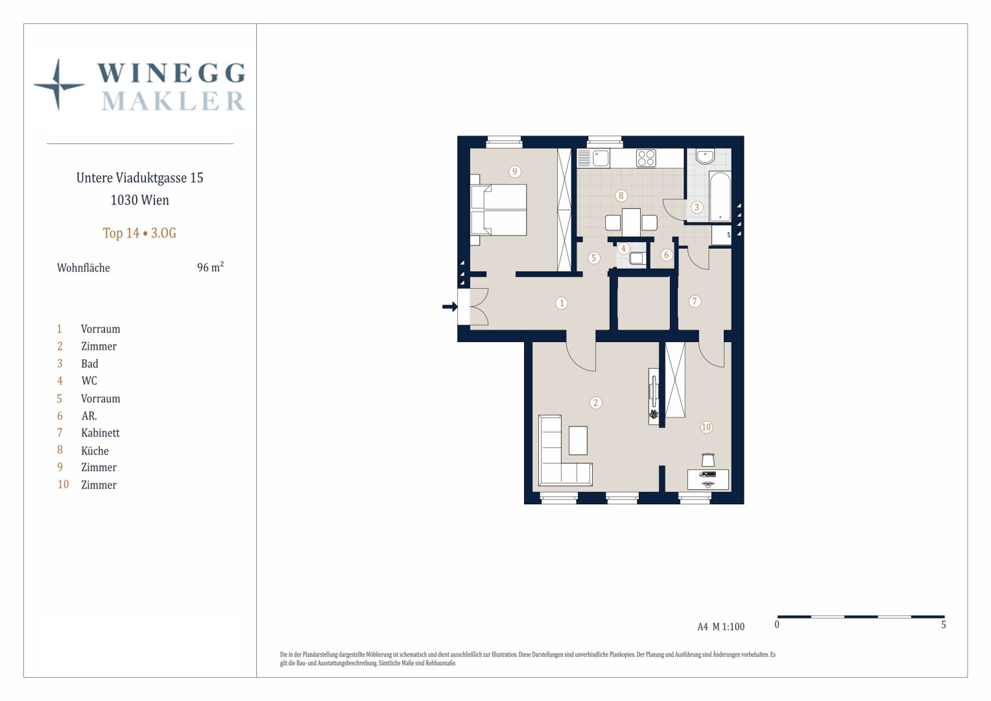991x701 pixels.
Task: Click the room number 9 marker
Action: [514, 171]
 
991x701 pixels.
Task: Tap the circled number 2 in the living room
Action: [595, 402]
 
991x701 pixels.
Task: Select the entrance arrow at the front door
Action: [450, 306]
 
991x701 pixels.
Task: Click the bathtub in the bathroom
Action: [720, 197]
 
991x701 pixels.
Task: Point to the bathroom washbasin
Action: [705, 156]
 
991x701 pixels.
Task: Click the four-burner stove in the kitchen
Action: [646, 158]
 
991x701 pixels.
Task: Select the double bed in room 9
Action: [499, 210]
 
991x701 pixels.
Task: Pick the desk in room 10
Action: [708, 479]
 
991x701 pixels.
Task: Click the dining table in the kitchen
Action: [631, 222]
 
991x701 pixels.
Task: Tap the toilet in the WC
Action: [637, 258]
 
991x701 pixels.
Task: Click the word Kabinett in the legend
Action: [100, 433]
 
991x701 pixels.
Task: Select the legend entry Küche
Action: [95, 450]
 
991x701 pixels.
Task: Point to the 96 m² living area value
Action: [210, 267]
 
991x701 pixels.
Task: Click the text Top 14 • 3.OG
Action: [139, 233]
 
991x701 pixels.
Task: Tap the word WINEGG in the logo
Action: [171, 73]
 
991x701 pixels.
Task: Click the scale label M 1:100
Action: [728, 626]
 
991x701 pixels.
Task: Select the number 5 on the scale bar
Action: [943, 625]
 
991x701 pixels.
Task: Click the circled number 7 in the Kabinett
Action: [695, 302]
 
